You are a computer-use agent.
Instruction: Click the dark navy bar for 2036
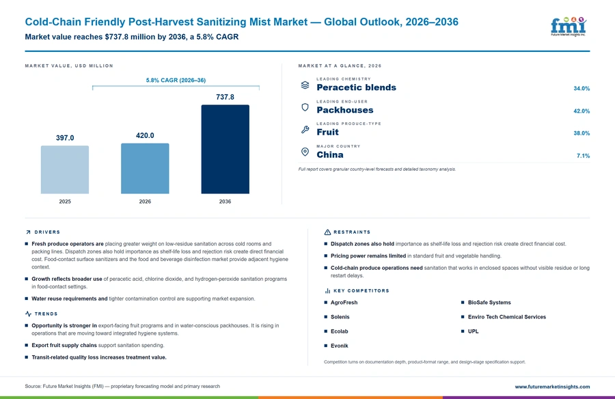point(225,149)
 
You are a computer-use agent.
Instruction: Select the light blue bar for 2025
point(65,169)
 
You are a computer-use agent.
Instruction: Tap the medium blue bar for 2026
point(145,168)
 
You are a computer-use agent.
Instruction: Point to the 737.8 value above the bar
point(225,97)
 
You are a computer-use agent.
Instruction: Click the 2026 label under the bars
point(145,202)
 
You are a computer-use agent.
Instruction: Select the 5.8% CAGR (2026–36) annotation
point(176,80)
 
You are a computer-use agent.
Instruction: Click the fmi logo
point(569,26)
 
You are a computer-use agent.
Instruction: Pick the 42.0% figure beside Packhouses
point(582,111)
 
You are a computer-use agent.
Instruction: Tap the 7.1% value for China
point(583,156)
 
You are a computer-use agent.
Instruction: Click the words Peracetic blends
point(356,87)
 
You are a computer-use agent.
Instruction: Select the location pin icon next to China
point(305,152)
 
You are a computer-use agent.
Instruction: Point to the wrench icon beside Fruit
point(305,129)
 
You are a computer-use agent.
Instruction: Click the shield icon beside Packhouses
point(305,107)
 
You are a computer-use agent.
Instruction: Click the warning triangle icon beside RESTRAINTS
point(327,232)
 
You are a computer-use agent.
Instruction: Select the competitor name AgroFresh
point(344,303)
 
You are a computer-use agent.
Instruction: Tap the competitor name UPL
point(473,331)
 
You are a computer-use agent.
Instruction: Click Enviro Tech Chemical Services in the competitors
point(507,317)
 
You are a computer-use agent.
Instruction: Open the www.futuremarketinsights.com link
point(552,387)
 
